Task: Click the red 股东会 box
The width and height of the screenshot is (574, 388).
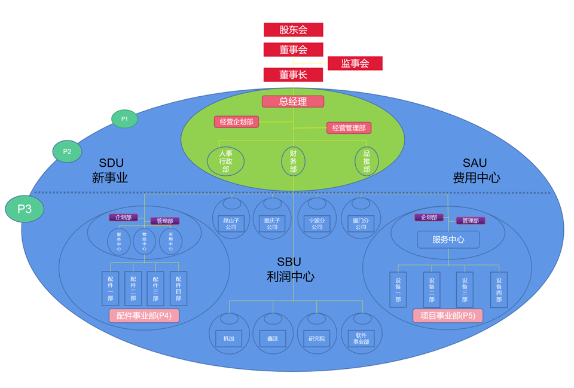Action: [293, 29]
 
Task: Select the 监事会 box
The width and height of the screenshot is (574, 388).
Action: [355, 63]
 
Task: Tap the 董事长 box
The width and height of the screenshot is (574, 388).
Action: [293, 75]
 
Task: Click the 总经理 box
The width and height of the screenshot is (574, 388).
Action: [293, 101]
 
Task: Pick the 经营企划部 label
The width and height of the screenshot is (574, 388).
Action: [236, 122]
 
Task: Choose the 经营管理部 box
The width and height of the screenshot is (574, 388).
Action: [349, 127]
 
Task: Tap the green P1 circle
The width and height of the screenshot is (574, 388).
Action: [124, 119]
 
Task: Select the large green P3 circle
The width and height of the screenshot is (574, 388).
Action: [25, 209]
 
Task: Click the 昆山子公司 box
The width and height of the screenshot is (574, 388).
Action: [231, 224]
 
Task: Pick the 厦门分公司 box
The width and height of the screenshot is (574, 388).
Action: [361, 224]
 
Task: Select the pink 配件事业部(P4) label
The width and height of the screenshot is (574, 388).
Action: [144, 316]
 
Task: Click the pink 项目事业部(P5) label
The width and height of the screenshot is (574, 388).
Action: [448, 316]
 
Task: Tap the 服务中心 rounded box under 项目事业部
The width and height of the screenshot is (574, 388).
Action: [448, 240]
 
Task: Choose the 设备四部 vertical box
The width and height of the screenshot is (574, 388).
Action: [499, 290]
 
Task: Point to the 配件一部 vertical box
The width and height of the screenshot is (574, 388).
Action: [111, 289]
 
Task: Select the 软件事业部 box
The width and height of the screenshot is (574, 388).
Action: [362, 338]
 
